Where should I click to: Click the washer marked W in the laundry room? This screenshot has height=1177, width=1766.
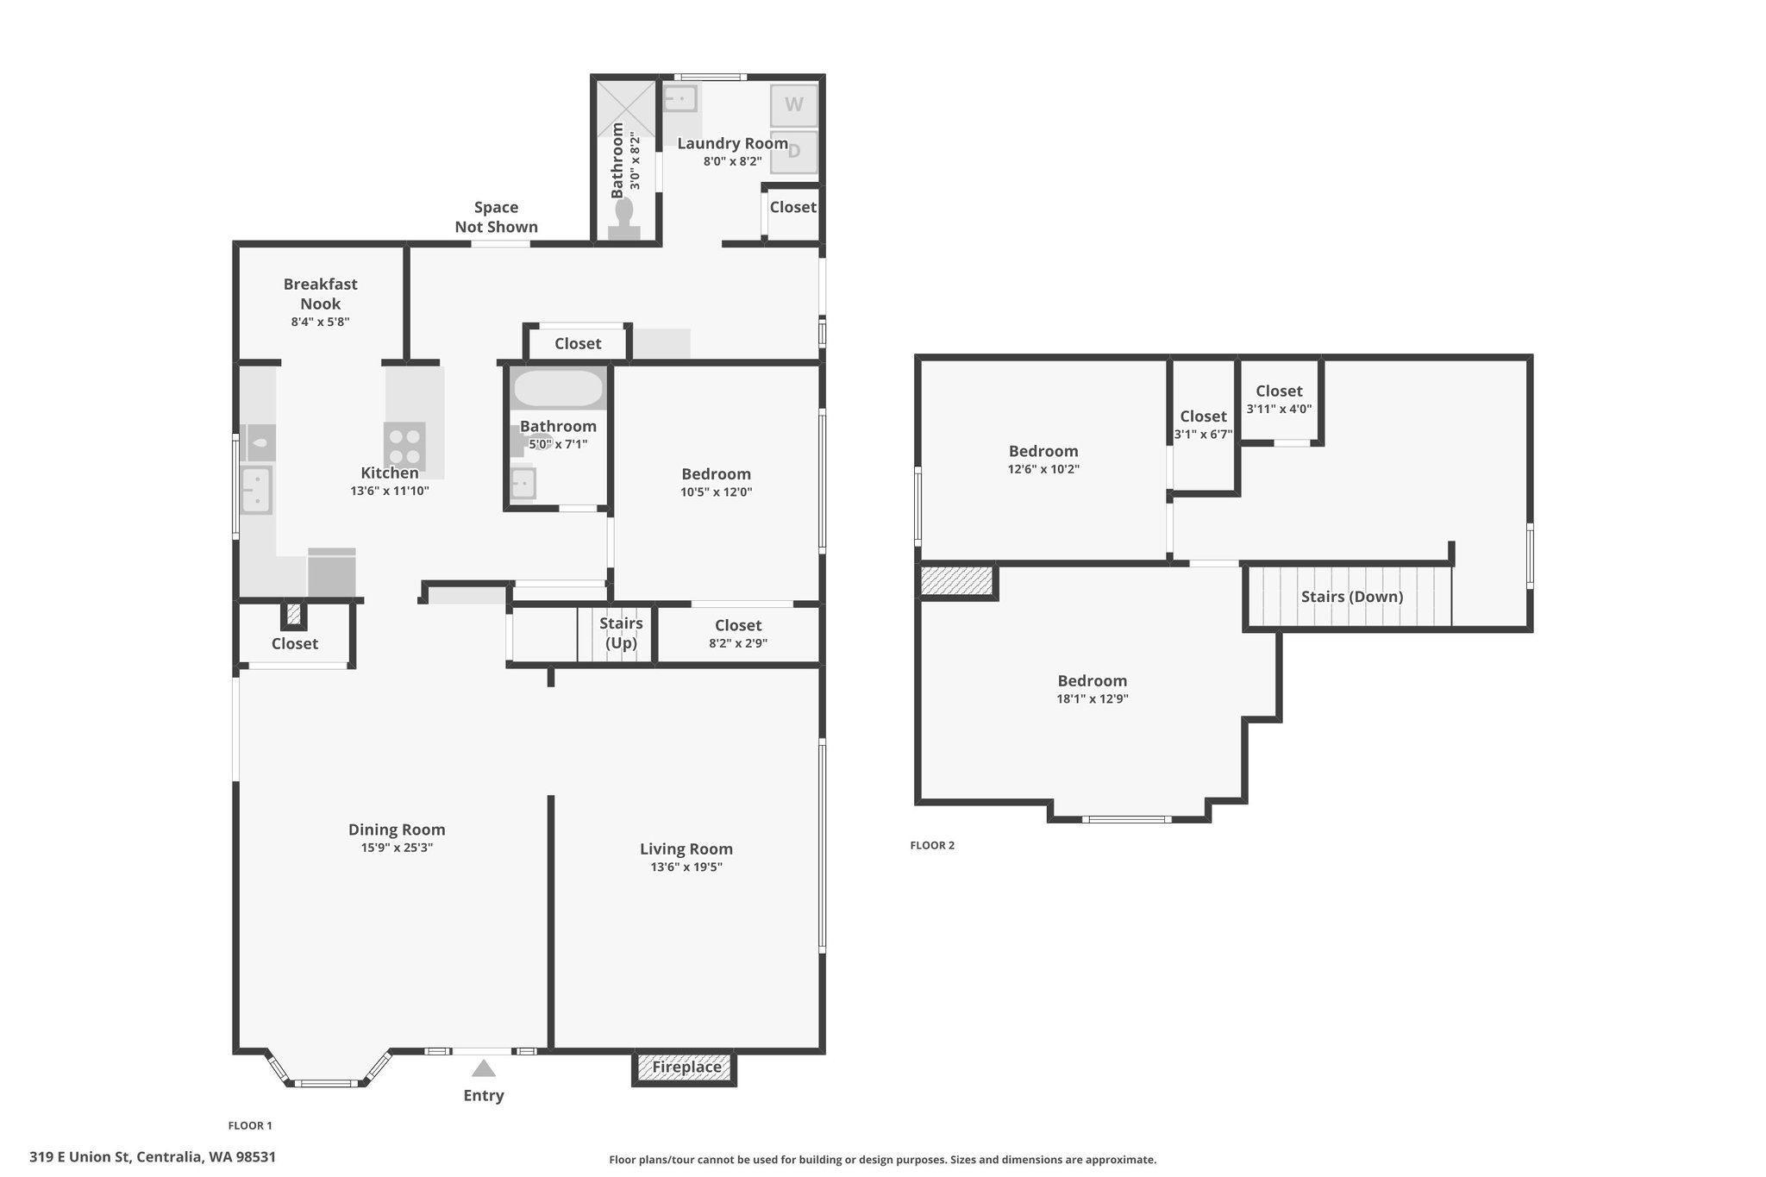793,105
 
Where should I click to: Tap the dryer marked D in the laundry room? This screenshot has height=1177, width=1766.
793,152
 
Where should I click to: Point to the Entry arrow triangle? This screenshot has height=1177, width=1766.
484,1068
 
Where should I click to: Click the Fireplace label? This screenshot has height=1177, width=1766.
686,1067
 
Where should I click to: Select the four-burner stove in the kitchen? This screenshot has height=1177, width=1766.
404,446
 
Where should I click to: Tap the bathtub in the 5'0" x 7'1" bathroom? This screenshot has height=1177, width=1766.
558,389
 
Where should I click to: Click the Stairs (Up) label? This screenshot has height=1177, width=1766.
621,633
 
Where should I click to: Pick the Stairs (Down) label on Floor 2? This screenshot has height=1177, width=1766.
1352,597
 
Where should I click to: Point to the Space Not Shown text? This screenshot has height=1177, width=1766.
497,217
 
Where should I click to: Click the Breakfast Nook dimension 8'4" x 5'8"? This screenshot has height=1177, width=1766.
320,322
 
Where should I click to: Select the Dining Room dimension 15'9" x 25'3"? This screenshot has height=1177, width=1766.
397,848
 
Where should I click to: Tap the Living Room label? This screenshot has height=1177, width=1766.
686,849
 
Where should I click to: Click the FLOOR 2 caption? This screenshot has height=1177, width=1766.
932,845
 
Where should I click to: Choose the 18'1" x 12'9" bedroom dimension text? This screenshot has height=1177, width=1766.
1093,699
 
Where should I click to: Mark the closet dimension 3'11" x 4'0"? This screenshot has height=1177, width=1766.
1279,409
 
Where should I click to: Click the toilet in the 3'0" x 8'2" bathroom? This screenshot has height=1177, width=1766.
624,219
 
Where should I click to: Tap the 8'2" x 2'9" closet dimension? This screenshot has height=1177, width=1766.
738,643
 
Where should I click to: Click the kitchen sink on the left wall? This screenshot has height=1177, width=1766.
256,490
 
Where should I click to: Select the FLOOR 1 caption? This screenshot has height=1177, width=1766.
250,1125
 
